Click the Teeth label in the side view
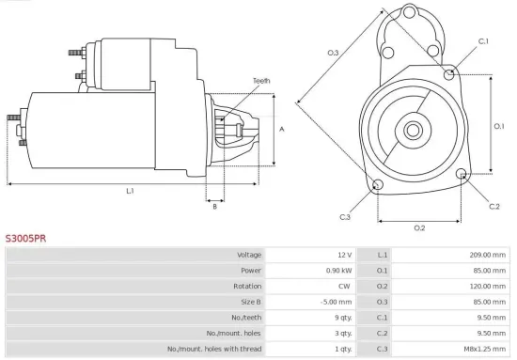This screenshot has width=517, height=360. point(260,81)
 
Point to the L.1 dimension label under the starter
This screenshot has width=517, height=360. point(130,191)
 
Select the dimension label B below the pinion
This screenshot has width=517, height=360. point(214,207)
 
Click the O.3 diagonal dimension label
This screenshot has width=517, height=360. point(334,53)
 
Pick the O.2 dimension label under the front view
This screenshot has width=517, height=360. point(419,227)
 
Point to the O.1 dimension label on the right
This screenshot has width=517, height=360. point(499,125)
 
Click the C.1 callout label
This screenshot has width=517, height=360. point(483,41)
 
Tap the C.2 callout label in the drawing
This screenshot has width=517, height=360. point(494,205)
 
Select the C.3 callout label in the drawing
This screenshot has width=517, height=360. point(345,217)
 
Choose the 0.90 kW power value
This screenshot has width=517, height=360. point(338,271)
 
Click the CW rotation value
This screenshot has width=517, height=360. point(345,286)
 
